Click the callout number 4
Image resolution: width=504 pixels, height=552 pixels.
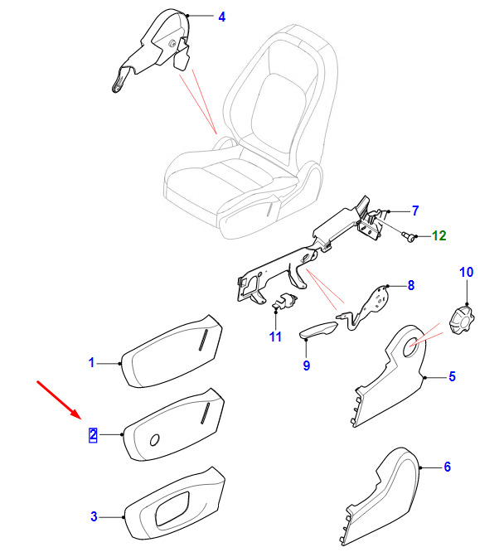pyautogui.click(x=220, y=17)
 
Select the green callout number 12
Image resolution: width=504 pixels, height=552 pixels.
pyautogui.click(x=438, y=236)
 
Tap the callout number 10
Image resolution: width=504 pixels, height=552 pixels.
pyautogui.click(x=466, y=272)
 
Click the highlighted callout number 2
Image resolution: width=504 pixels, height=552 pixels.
pyautogui.click(x=93, y=433)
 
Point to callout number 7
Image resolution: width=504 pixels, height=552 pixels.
pyautogui.click(x=415, y=211)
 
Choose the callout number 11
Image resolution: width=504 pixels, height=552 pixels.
pyautogui.click(x=275, y=337)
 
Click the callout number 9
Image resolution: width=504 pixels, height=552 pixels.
pyautogui.click(x=306, y=366)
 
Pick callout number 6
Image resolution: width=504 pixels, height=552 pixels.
pyautogui.click(x=447, y=467)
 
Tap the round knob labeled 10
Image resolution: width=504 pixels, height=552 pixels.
pyautogui.click(x=463, y=317)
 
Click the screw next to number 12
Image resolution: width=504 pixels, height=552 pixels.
pyautogui.click(x=408, y=237)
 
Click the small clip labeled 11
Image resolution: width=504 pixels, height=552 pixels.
pyautogui.click(x=284, y=302)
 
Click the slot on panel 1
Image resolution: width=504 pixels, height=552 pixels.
pyautogui.click(x=201, y=341)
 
